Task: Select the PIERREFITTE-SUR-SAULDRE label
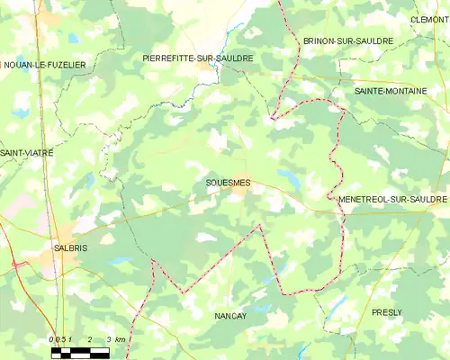(198, 58)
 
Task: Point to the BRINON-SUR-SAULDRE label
(347, 41)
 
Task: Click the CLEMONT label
(428, 19)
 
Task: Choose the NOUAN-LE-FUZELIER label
(44, 65)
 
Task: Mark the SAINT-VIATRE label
(26, 153)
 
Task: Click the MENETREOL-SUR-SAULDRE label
(392, 199)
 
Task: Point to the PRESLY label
(387, 311)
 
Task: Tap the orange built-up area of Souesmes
(240, 190)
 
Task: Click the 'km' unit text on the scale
(120, 338)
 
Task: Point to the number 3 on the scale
(108, 338)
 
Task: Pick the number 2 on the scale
(89, 338)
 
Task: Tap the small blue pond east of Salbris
(118, 262)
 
